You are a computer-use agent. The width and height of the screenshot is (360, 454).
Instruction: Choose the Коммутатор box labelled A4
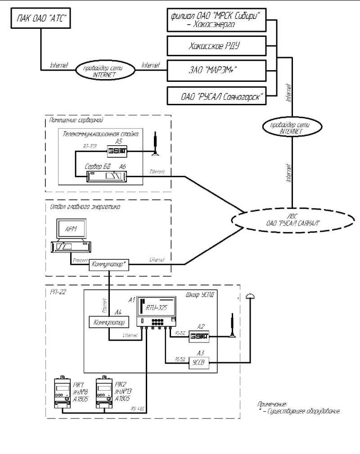coord(108,322)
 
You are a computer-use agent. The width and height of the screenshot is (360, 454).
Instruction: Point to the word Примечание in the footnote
coord(272,404)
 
